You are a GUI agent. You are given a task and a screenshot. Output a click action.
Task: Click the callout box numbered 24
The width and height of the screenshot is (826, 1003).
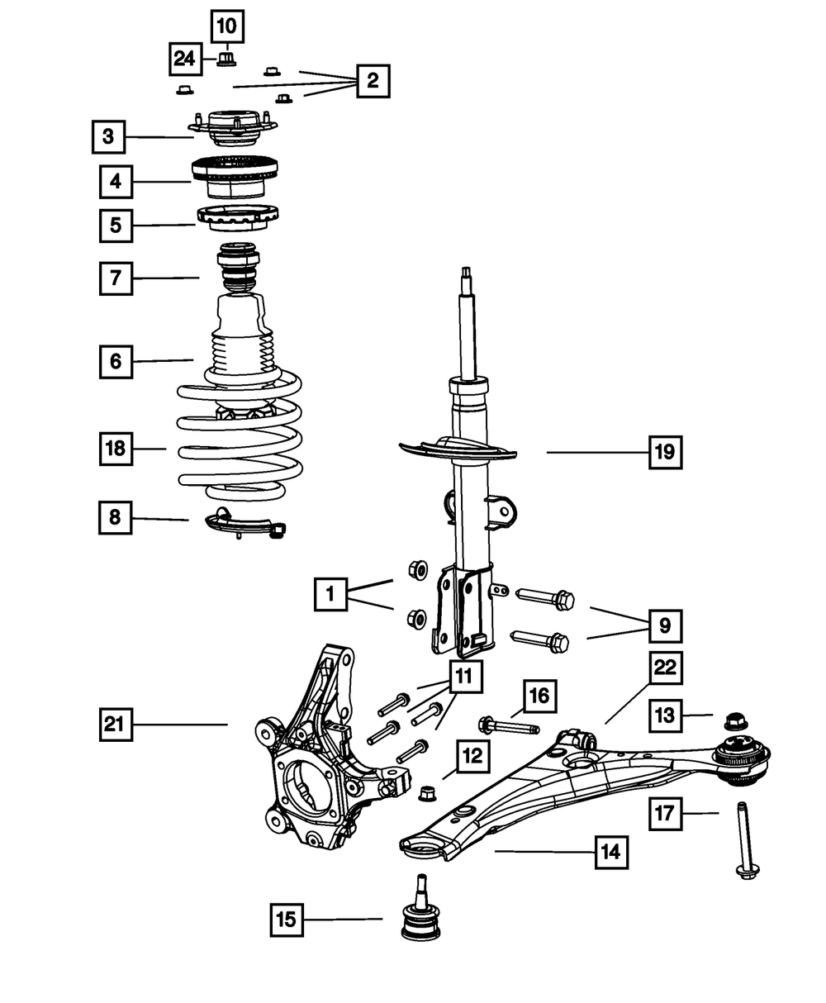(185, 59)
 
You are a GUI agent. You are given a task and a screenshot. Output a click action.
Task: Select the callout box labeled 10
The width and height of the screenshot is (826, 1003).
(227, 26)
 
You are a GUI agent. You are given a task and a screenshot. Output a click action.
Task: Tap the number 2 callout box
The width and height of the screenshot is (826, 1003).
(373, 81)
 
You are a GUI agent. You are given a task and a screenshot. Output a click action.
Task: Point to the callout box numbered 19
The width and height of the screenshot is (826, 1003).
(665, 452)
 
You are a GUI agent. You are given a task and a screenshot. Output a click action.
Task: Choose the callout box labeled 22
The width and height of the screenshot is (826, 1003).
(665, 668)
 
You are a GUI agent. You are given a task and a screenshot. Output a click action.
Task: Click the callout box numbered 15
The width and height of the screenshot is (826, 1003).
(287, 920)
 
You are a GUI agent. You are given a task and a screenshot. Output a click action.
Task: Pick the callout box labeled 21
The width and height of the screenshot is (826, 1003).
(116, 724)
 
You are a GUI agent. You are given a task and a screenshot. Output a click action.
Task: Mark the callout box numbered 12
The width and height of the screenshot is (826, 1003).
(473, 756)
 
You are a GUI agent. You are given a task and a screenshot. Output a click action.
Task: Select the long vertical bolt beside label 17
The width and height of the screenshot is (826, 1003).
(747, 841)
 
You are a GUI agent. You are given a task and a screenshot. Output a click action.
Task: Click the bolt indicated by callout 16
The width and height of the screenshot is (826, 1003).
(508, 726)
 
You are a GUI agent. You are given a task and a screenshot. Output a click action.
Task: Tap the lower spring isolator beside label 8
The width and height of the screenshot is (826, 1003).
(245, 525)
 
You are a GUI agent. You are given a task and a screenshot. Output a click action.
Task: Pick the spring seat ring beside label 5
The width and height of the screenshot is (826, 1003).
(238, 219)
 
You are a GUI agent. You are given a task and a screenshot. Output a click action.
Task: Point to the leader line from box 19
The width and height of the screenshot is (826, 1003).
(597, 452)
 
